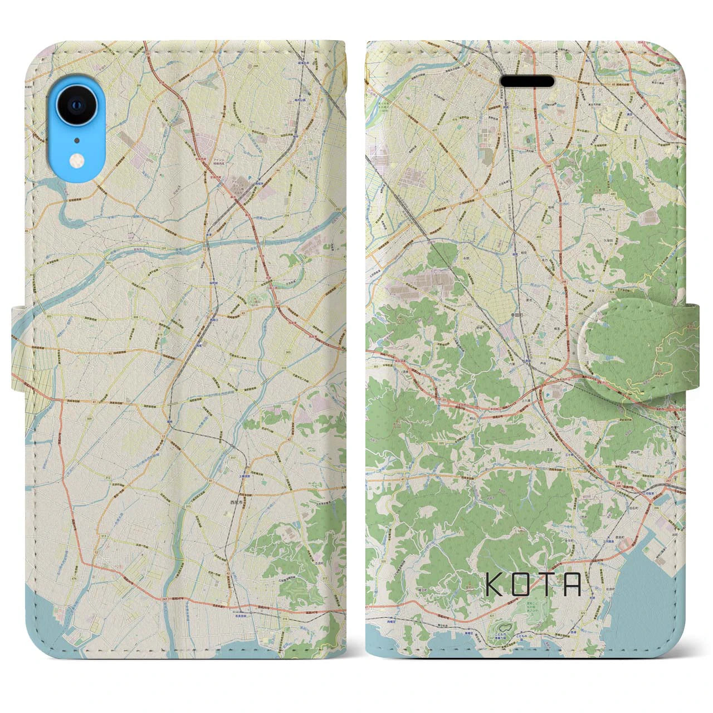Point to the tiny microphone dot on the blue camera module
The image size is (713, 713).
(x=76, y=140)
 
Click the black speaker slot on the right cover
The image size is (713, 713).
(x=528, y=81)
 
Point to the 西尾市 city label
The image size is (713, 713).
(x=237, y=502)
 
